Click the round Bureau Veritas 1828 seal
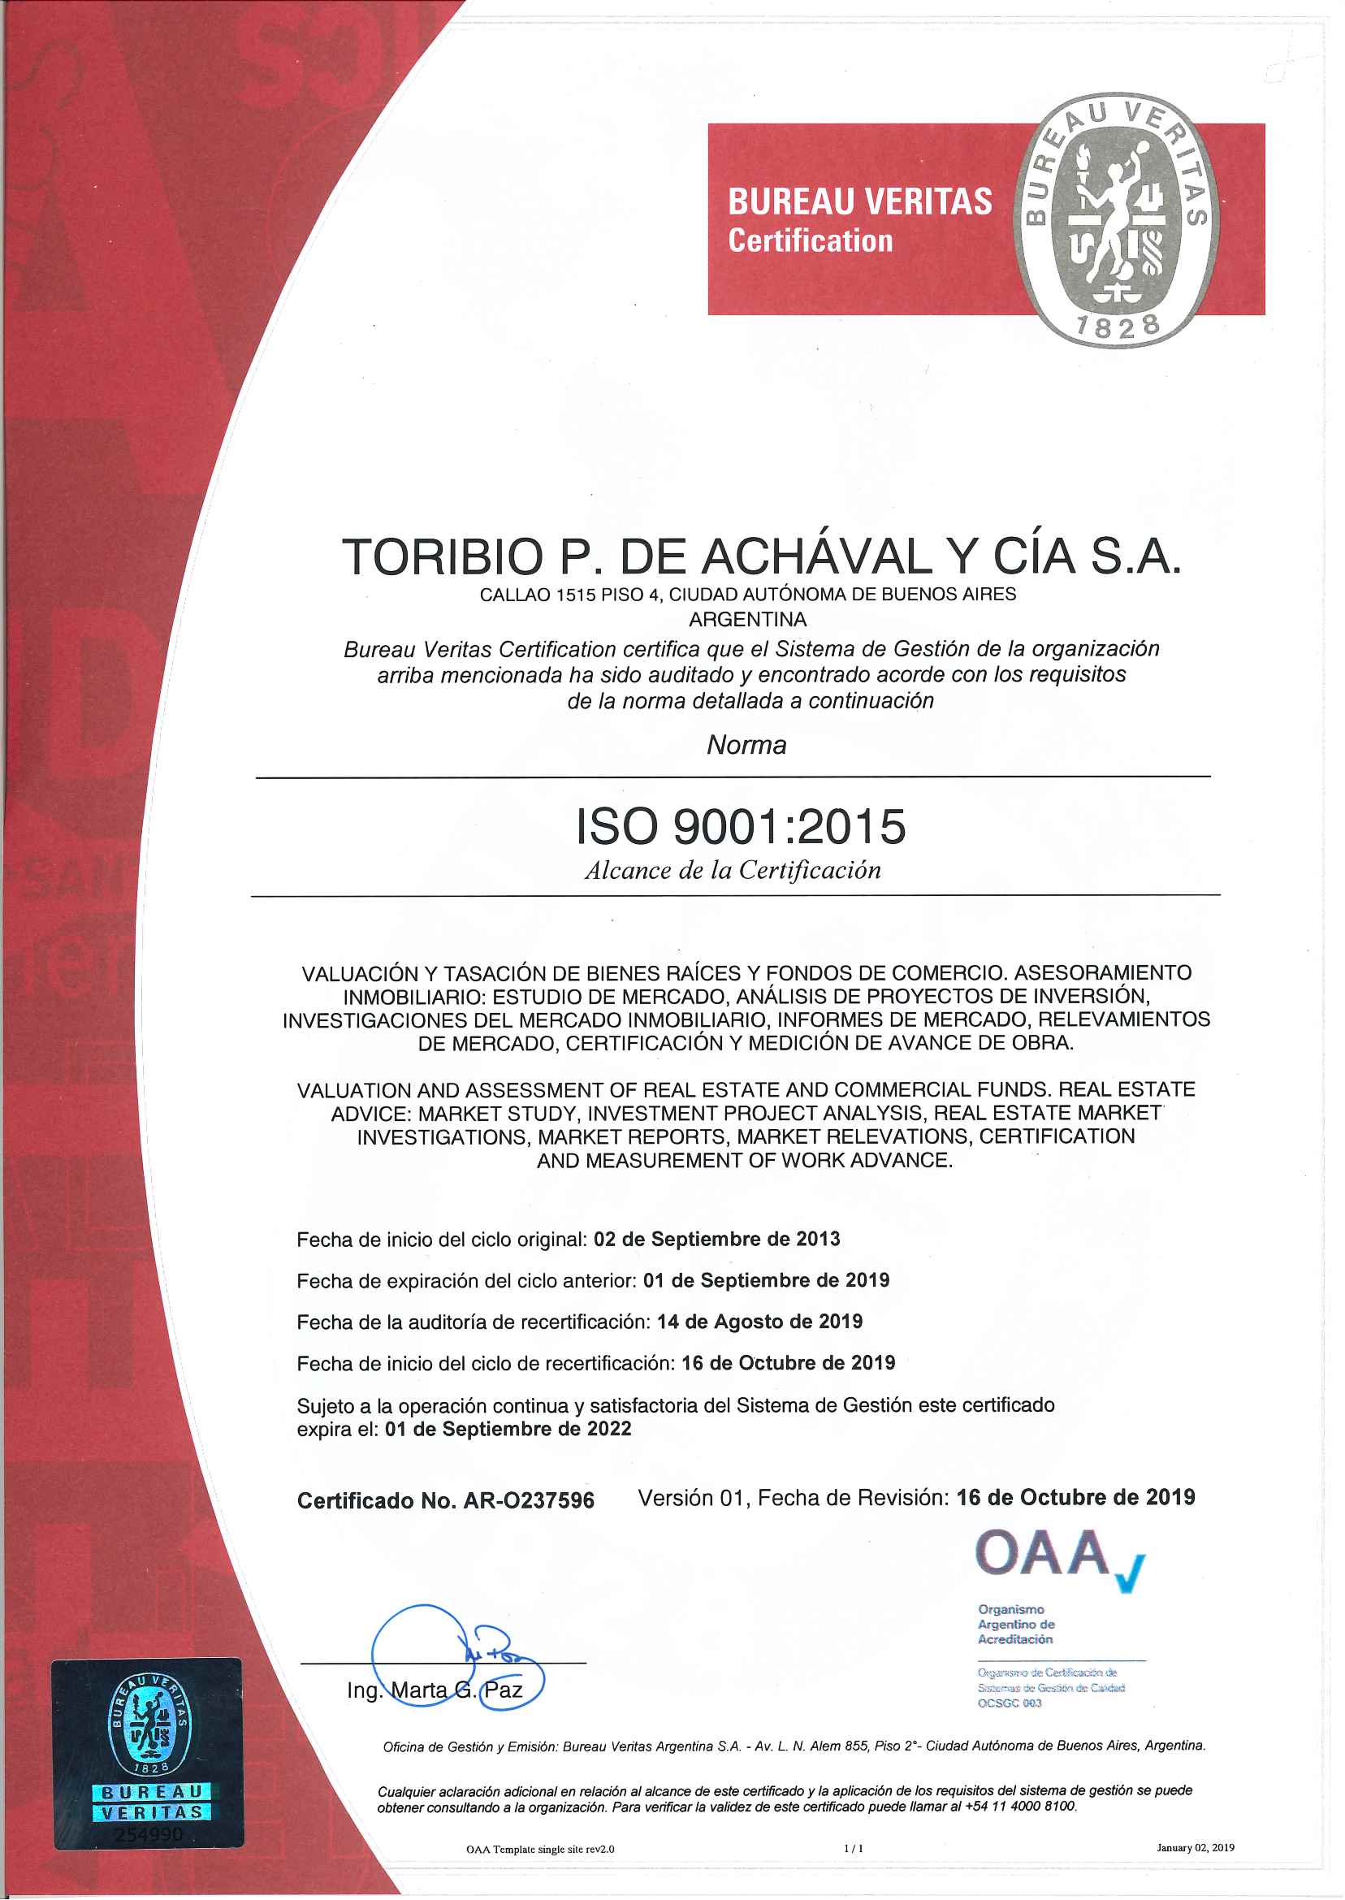pyautogui.click(x=1117, y=219)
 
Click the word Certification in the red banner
pyautogui.click(x=810, y=241)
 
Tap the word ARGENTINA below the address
pyautogui.click(x=747, y=620)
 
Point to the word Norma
pyautogui.click(x=746, y=746)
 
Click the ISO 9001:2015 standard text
pyautogui.click(x=741, y=827)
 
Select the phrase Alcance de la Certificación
pyautogui.click(x=732, y=871)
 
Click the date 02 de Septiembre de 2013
pyautogui.click(x=716, y=1239)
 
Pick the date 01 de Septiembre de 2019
pyautogui.click(x=765, y=1280)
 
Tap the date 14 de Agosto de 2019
pyautogui.click(x=759, y=1322)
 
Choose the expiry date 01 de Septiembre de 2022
pyautogui.click(x=508, y=1430)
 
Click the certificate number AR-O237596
pyautogui.click(x=529, y=1501)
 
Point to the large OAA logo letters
pyautogui.click(x=1043, y=1554)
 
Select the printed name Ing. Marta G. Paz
pyautogui.click(x=434, y=1690)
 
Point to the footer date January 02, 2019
pyautogui.click(x=1194, y=1848)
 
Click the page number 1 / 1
pyautogui.click(x=853, y=1848)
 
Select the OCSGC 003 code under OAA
pyautogui.click(x=1009, y=1703)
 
